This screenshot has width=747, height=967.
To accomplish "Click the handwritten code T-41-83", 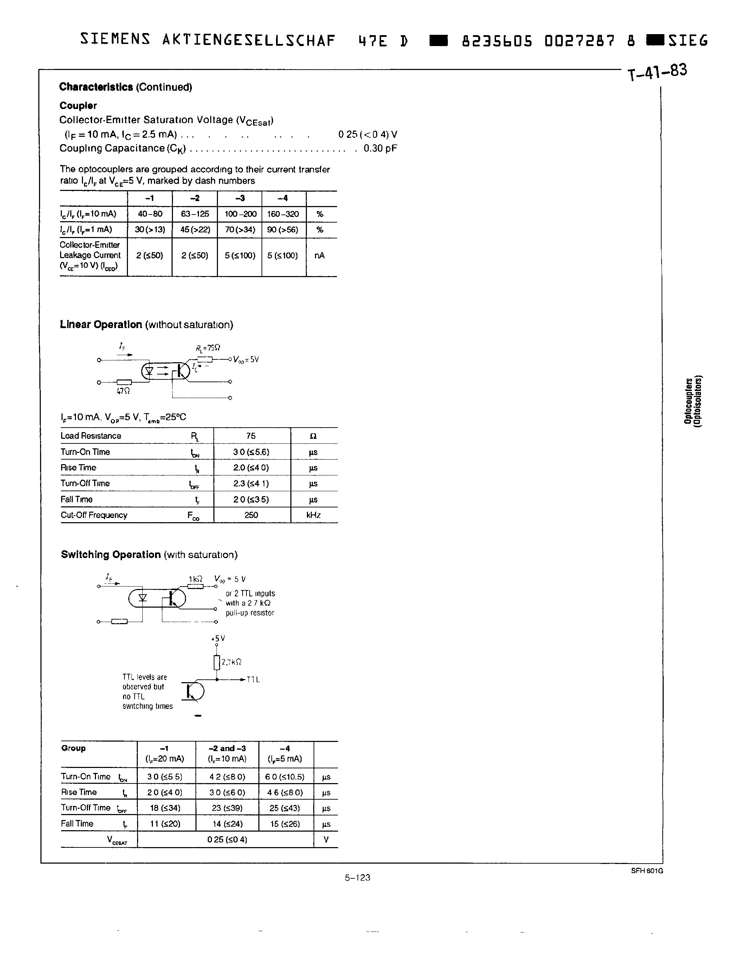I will pos(657,72).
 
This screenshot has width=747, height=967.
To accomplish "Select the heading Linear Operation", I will pos(101,325).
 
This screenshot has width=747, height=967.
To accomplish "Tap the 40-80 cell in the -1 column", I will pos(150,214).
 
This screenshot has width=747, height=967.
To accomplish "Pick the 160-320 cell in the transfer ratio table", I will pos(283,214).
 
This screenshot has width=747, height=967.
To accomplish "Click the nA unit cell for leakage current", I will pos(320,256).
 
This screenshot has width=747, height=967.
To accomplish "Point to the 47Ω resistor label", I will pos(123,391).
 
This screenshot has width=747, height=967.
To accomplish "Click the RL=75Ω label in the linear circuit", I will pos(208,348).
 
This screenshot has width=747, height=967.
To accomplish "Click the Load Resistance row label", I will pos(91,436).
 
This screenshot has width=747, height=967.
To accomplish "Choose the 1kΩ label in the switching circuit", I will pos(195,579).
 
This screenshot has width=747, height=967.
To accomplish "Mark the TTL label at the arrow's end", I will pos(253,680).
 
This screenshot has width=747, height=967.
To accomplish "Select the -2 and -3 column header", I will pos(227,748).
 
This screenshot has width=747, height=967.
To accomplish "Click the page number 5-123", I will pos(358,878).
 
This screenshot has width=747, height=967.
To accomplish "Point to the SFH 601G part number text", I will pos(647,871).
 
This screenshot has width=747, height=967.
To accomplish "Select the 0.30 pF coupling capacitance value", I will pos(380,148).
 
